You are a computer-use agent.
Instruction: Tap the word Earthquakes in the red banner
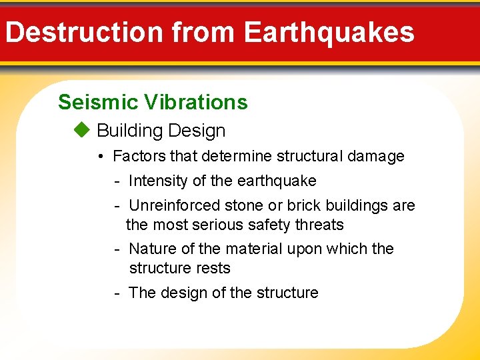[329, 32]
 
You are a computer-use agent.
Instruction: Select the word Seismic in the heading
[92, 102]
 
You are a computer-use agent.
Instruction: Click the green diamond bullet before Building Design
[81, 130]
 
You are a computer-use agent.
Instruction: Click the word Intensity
[157, 181]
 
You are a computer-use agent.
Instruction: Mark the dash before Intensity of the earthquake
[117, 181]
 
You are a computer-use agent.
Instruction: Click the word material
[254, 249]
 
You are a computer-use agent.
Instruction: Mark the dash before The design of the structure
[117, 293]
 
